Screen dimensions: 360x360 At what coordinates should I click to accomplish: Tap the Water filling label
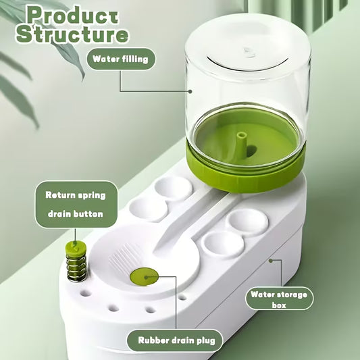pyautogui.click(x=121, y=59)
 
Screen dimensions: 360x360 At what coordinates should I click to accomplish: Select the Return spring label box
pyautogui.click(x=75, y=195)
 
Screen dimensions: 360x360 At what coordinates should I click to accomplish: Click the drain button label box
pyautogui.click(x=75, y=214)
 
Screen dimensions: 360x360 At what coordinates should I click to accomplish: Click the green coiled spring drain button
pyautogui.click(x=72, y=259)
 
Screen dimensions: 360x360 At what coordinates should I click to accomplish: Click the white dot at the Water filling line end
pyautogui.click(x=192, y=91)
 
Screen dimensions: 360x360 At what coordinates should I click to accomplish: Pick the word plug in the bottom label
pyautogui.click(x=204, y=340)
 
